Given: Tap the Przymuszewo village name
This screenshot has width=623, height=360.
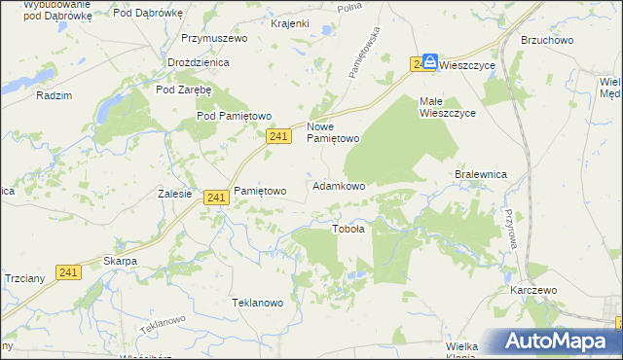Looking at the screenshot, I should coord(214,39).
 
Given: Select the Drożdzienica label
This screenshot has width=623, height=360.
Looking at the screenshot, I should coord(198,62).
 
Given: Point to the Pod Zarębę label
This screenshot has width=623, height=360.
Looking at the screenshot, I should coord(184,90).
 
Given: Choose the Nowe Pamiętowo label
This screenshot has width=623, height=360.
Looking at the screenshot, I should coord(334,132).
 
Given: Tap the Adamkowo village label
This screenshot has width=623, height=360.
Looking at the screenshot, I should coord(339,186).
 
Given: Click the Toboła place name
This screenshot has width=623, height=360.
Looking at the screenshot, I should coord(348,230).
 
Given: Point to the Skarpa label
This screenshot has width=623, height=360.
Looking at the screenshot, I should coord(120,262).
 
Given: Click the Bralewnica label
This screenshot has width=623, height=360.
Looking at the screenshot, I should coord(482,174).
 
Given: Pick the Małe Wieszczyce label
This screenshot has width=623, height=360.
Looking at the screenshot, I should coord(447,107).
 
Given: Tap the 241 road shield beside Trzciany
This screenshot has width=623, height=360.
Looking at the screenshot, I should coord(67,273).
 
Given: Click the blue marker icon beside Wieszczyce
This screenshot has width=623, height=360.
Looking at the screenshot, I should coord(430,61).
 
